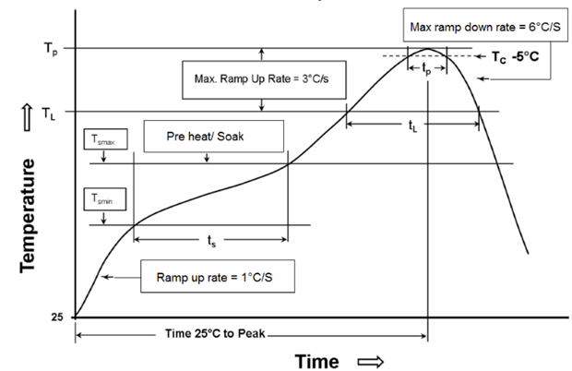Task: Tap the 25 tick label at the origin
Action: [57, 317]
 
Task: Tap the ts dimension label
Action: [211, 242]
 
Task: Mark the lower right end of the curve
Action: [528, 253]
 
